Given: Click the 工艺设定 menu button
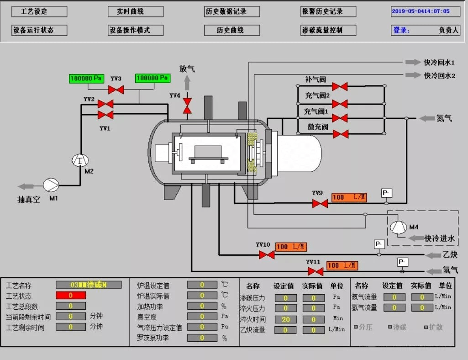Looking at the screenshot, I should pyautogui.click(x=39, y=11).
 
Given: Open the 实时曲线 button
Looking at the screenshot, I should pyautogui.click(x=136, y=11).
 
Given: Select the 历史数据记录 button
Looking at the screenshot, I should pyautogui.click(x=232, y=11).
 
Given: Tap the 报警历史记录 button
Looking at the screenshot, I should pyautogui.click(x=328, y=11).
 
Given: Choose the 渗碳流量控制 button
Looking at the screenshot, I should pyautogui.click(x=328, y=30).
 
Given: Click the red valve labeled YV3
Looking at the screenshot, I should pyautogui.click(x=116, y=90).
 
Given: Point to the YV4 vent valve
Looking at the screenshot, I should pyautogui.click(x=187, y=106).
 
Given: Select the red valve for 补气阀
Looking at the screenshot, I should pyautogui.click(x=340, y=86).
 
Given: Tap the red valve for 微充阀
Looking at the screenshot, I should pyautogui.click(x=340, y=134).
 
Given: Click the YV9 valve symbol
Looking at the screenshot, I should pyautogui.click(x=320, y=203).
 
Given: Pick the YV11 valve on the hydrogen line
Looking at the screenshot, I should pyautogui.click(x=316, y=271).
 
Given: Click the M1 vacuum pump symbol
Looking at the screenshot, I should pyautogui.click(x=51, y=185).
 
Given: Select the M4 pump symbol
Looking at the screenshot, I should pyautogui.click(x=398, y=227).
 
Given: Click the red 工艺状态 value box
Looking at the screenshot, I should pyautogui.click(x=71, y=296).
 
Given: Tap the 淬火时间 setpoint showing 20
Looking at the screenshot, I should pyautogui.click(x=286, y=319).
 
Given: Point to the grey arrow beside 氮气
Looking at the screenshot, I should pyautogui.click(x=426, y=118).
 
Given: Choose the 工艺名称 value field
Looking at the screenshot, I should pyautogui.click(x=89, y=285).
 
